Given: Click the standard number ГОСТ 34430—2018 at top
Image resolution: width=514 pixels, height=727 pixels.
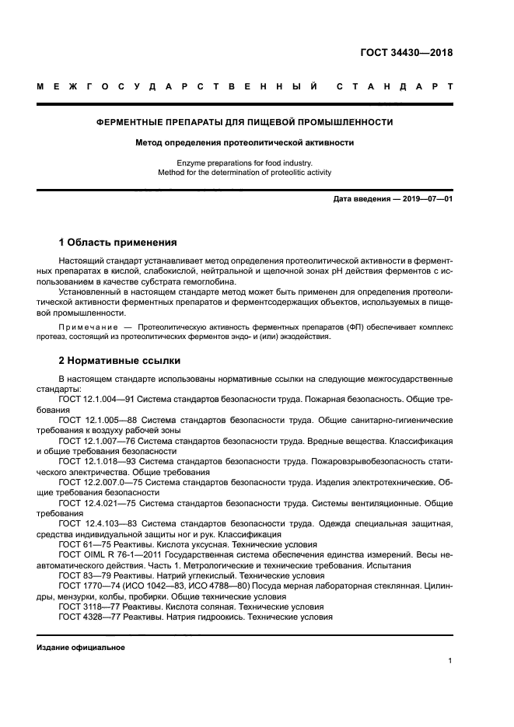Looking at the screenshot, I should (406, 54).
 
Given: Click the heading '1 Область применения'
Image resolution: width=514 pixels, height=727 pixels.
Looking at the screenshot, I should (117, 243).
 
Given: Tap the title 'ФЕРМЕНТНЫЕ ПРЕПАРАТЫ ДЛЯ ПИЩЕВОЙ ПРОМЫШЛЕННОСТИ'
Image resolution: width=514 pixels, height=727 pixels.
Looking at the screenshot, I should (244, 122).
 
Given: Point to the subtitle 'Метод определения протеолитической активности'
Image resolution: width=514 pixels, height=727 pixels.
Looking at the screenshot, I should (244, 143).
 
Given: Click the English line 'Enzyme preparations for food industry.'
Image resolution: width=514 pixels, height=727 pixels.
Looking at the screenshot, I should (244, 163).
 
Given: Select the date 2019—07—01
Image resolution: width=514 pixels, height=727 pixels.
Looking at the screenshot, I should (426, 200).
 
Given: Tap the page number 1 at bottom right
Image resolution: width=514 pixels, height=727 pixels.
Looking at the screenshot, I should (450, 661).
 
